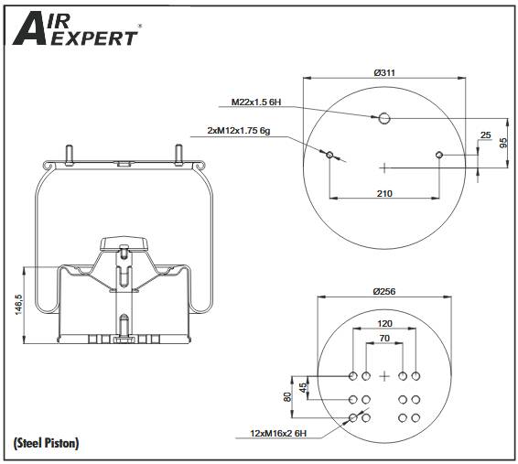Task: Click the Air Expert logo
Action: pyautogui.click(x=75, y=28)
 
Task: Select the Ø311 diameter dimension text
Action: pyautogui.click(x=384, y=72)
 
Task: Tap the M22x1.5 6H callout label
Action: pyautogui.click(x=256, y=103)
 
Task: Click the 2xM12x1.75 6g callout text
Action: pyautogui.click(x=239, y=131)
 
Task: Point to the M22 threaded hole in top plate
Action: pyautogui.click(x=384, y=118)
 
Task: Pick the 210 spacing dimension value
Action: pyautogui.click(x=384, y=193)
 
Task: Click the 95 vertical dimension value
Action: pyautogui.click(x=503, y=143)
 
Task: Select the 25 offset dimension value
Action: pyautogui.click(x=486, y=135)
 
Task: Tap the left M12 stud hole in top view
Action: pyautogui.click(x=329, y=155)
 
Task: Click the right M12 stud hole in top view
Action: pyautogui.click(x=439, y=155)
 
